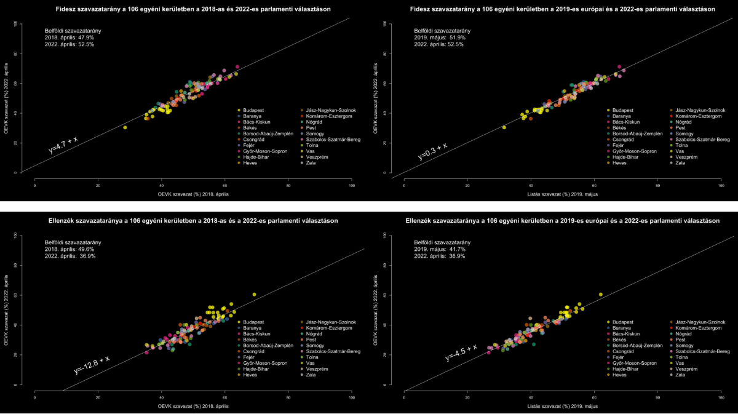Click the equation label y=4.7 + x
click(x=63, y=145)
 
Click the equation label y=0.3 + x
click(x=432, y=151)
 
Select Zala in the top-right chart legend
click(x=681, y=162)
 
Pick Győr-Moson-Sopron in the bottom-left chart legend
click(x=265, y=363)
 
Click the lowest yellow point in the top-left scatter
click(x=125, y=127)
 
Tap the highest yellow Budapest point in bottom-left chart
click(x=254, y=294)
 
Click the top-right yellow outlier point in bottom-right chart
click(x=600, y=294)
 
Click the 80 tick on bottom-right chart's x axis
click(x=658, y=397)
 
